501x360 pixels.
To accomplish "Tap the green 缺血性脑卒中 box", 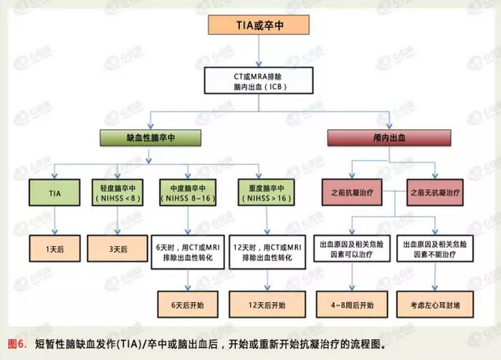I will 150,137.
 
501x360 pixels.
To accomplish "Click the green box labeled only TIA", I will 54,194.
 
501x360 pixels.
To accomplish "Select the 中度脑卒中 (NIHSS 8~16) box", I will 189,194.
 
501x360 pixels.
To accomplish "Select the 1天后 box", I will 54,248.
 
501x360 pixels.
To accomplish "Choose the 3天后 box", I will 118,248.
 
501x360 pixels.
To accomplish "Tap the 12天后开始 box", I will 264,305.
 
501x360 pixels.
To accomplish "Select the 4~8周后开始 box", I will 349,305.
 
